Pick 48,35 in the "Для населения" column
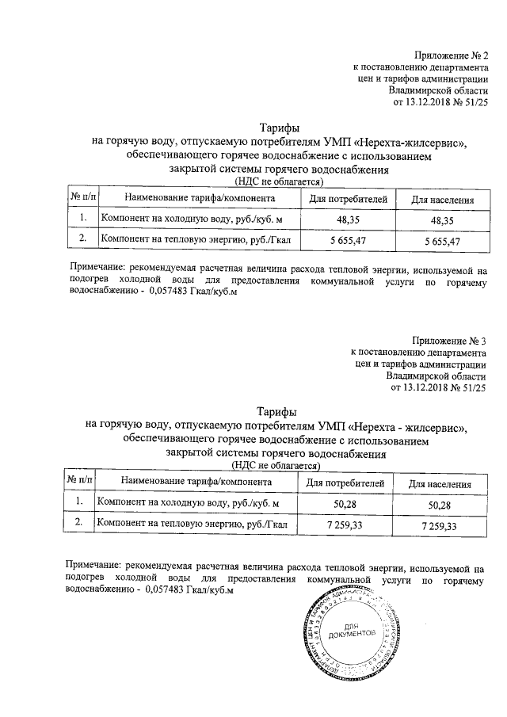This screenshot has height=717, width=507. coord(441,219)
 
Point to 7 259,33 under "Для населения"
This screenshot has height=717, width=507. coord(440,525)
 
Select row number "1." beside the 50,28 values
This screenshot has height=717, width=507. coord(78,502)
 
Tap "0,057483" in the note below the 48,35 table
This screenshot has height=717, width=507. coord(161,291)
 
